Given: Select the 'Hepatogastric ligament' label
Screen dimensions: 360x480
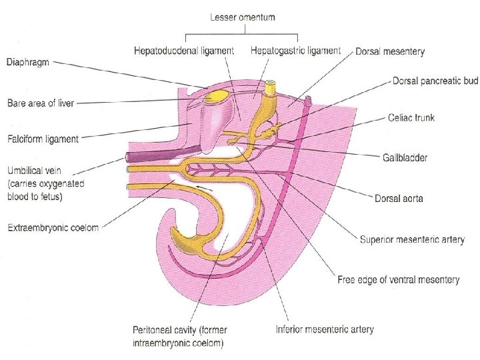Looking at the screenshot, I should [297, 51].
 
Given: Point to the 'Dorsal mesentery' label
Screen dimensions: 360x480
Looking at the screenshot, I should [391, 51].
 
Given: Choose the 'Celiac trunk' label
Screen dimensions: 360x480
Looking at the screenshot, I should [411, 117].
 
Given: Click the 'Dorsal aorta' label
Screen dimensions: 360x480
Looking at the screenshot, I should [399, 198].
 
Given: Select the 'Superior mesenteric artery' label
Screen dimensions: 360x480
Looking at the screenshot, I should [412, 239].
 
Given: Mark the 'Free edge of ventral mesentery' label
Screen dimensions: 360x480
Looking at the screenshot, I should [398, 280].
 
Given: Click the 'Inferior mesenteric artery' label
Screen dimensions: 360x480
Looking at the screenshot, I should [325, 329].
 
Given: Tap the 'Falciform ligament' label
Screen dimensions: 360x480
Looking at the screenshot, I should [42, 139].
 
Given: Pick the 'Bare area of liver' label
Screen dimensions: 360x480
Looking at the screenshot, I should [40, 103].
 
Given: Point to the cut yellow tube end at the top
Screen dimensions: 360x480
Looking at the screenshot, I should [271, 86].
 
